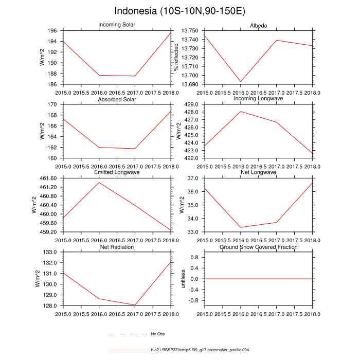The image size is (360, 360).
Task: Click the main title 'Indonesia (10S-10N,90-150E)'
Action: (179, 11)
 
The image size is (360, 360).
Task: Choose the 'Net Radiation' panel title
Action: (117, 247)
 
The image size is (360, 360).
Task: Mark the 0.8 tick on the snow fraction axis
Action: (195, 257)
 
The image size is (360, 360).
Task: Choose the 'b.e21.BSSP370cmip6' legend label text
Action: (200, 350)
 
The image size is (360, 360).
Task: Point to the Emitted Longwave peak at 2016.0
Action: (99, 183)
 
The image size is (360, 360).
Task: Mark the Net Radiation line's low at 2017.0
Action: (135, 305)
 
